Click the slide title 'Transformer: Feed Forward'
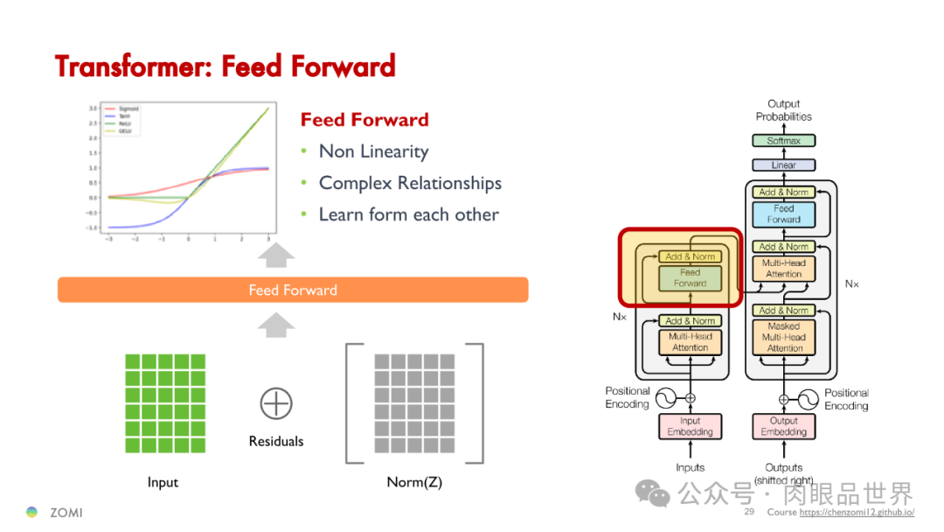pos(226,66)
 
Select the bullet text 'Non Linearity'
pos(373,151)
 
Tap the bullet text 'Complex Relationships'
pos(410,183)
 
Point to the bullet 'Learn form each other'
pos(408,214)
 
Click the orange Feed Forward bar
pos(293,290)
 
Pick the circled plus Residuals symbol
pos(275,403)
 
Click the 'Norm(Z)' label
pos(414,482)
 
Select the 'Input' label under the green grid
pos(163,482)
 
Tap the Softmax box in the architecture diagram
pos(783,141)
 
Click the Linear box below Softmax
pos(783,164)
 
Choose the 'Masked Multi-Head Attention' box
pos(783,337)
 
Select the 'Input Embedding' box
pos(690,426)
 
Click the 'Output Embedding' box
pos(783,426)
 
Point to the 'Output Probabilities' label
pos(783,110)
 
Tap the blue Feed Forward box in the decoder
pos(783,214)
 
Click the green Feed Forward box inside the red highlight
pos(690,278)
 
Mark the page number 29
pos(749,512)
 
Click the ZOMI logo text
pos(66,512)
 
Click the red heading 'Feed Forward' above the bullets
pos(364,120)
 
